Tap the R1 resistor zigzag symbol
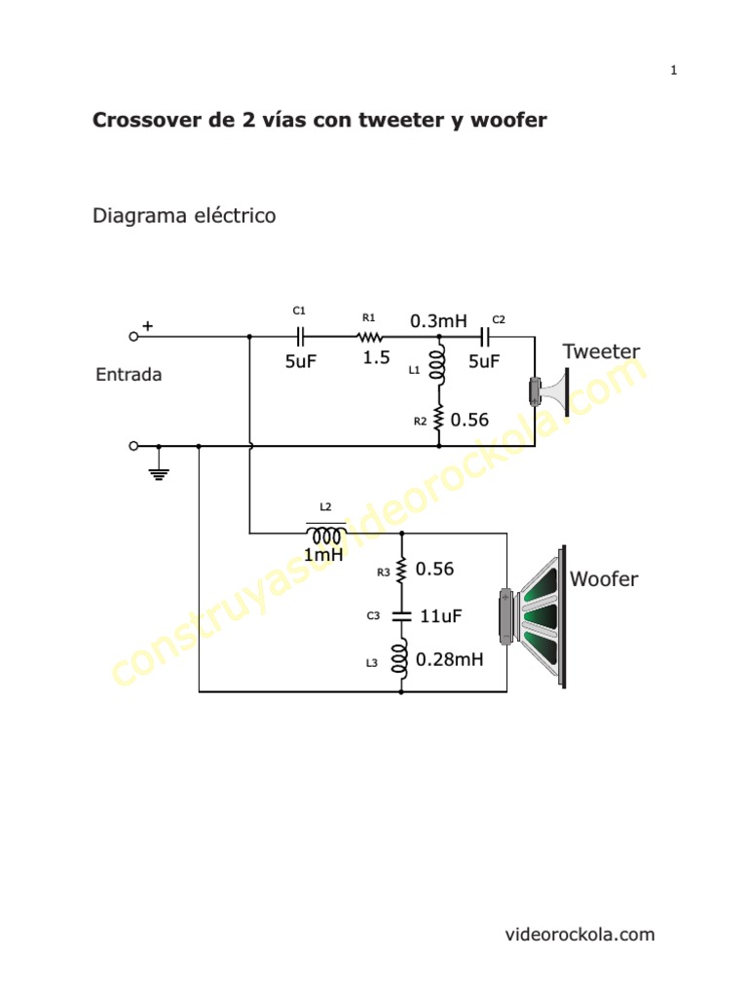coord(369,336)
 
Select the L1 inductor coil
coord(439,365)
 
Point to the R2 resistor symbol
coord(439,419)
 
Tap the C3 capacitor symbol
coord(401,615)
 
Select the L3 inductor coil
coord(401,660)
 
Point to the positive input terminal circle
coord(133,336)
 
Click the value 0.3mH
coord(438,320)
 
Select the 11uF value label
coord(439,615)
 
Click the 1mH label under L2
coord(323,555)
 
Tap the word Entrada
coord(129,375)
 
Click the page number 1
coord(673,70)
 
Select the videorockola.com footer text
coord(580,935)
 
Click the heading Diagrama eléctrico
coord(184,215)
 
